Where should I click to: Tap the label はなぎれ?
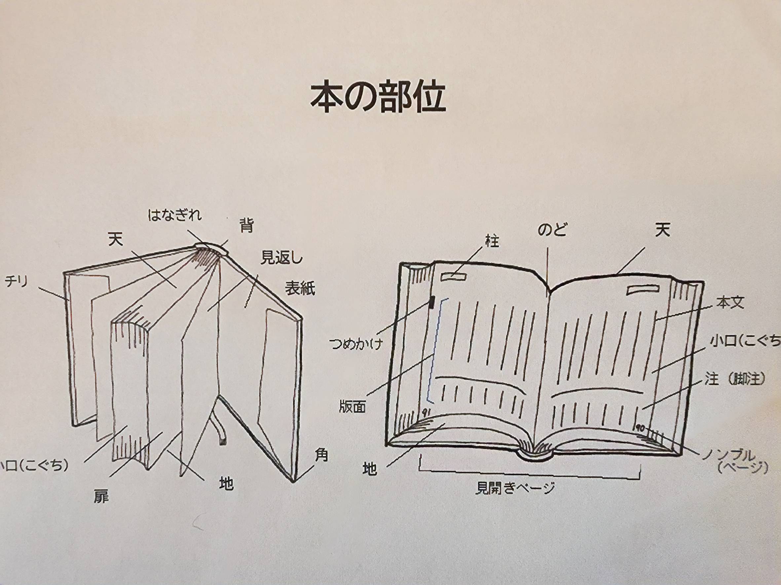[x=174, y=215]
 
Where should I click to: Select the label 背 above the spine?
[x=246, y=225]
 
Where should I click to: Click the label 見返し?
[x=281, y=258]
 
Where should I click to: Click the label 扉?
[x=101, y=497]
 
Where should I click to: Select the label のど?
[x=552, y=230]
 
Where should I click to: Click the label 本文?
[x=730, y=303]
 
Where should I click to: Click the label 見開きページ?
[x=515, y=488]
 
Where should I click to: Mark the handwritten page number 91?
[x=426, y=411]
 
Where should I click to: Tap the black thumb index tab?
[x=431, y=303]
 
